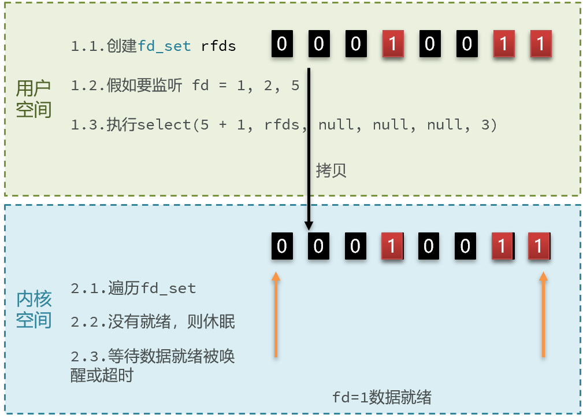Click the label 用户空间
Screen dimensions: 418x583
[x=34, y=99]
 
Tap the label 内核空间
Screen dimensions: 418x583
[x=34, y=309]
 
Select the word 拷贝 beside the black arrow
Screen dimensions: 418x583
[x=331, y=171]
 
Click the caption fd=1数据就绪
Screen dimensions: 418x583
[x=381, y=397]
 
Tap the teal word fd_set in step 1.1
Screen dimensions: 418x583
[x=164, y=46]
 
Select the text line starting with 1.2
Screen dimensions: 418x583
[x=185, y=86]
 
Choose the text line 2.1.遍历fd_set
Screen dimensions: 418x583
[x=133, y=288]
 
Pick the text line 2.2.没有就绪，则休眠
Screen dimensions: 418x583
[x=153, y=321]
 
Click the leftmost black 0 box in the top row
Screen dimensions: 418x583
[x=281, y=45]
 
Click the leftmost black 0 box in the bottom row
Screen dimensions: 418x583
[x=281, y=246]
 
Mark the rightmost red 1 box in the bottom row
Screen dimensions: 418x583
[x=539, y=246]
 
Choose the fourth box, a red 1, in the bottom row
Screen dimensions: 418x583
[x=392, y=246]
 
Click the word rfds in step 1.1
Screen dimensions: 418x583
[x=218, y=46]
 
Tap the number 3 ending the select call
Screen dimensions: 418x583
[x=485, y=124]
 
